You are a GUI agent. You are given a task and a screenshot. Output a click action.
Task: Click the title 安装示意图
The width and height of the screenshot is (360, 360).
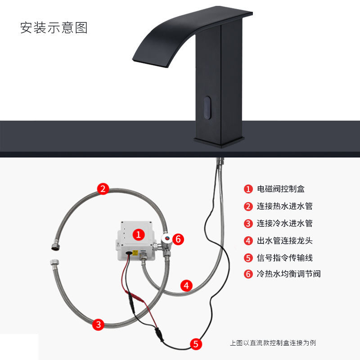point(54,28)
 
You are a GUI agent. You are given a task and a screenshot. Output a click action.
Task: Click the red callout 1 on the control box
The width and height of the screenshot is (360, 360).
point(139,234)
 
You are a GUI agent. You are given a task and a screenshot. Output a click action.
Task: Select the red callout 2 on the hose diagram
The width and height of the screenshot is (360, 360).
point(103,189)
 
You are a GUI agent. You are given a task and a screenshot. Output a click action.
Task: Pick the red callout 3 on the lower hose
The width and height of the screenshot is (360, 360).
point(99,324)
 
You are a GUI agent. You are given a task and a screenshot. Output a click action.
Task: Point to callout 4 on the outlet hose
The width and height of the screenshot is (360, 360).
point(186,285)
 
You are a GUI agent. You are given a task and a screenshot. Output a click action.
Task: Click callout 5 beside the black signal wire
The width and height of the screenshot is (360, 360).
point(195,344)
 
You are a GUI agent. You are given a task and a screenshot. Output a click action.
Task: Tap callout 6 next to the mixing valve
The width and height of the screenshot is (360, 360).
point(178,239)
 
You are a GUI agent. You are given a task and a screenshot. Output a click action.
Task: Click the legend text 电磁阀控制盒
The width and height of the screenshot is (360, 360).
point(280,189)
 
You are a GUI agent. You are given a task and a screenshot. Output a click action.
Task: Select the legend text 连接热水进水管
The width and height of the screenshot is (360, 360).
point(284,206)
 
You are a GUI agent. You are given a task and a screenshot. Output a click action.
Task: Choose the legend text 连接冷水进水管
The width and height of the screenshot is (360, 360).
point(284,223)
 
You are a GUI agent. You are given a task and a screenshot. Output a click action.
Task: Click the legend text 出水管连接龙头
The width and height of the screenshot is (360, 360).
point(284,241)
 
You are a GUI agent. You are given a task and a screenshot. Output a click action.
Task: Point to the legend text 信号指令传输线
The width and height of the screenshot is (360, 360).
point(284,258)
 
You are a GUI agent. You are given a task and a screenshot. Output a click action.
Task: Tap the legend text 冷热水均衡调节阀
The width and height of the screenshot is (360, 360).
point(288,274)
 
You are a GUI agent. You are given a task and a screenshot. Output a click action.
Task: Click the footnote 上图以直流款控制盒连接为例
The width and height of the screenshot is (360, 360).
point(273,343)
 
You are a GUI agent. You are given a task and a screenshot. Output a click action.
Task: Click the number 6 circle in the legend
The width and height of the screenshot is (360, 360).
point(248,274)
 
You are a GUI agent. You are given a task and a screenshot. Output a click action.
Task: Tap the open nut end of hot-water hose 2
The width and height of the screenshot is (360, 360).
point(53,246)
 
